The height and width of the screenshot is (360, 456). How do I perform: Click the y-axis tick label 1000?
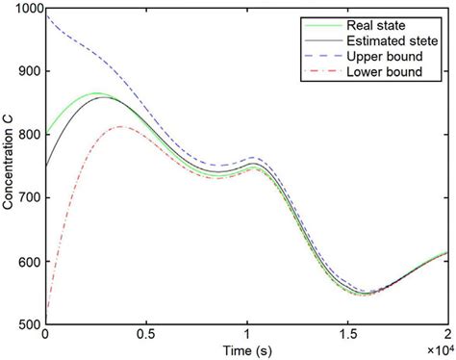point(27,9)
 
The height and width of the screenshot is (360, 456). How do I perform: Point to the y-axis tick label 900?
point(30,72)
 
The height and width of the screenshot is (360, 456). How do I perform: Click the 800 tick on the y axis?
point(30,136)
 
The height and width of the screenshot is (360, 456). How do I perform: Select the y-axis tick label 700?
point(30,199)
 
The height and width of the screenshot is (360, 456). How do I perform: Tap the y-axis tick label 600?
point(30,263)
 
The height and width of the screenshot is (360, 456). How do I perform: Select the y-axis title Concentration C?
point(9,167)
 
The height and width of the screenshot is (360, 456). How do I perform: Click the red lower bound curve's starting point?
point(46,310)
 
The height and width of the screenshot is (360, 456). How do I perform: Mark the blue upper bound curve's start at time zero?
point(46,13)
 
